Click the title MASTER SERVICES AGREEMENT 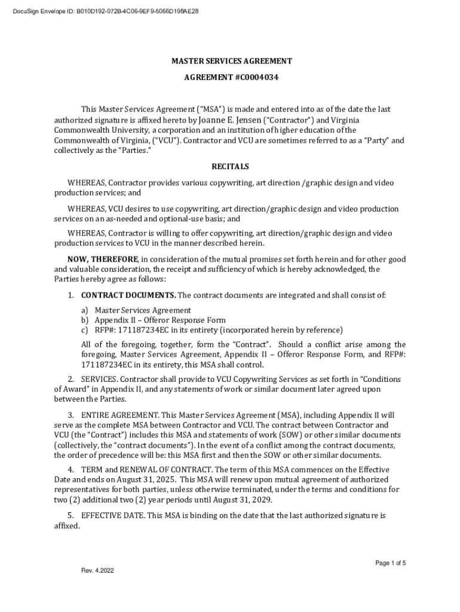(232, 61)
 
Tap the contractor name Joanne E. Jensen (231, 120)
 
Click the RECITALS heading (230, 167)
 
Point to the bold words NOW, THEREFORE (103, 259)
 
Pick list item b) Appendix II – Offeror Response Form (160, 320)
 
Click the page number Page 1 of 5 (390, 563)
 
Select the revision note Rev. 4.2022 (97, 570)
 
